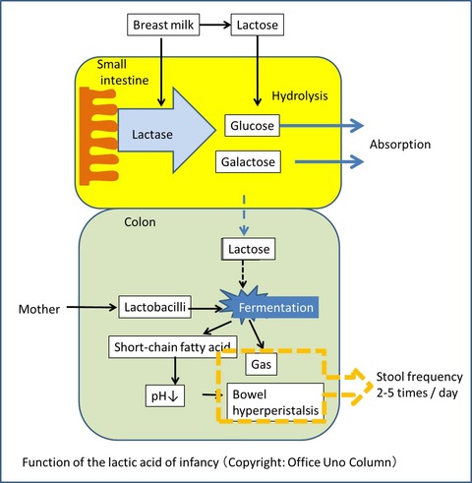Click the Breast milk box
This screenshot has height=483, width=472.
[x=163, y=25]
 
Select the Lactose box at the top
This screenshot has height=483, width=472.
[x=258, y=25]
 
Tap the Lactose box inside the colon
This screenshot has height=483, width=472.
[x=249, y=249]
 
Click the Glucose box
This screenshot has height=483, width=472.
[x=252, y=125]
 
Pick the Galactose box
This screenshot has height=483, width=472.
[x=248, y=161]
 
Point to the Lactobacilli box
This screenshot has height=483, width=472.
[x=154, y=307]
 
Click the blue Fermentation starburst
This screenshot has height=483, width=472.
[x=269, y=307]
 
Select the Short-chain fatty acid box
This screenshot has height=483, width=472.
[x=172, y=347]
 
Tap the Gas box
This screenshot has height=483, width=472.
[x=261, y=364]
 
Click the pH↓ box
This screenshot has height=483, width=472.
[x=165, y=395]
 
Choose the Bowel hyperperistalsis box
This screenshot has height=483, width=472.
[x=275, y=402]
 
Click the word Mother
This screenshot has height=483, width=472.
[x=39, y=309]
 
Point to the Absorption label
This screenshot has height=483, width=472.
[x=400, y=145]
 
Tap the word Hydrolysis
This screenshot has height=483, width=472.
[x=300, y=95]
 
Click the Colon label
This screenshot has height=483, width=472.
[x=140, y=222]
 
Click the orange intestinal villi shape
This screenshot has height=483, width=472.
[x=97, y=136]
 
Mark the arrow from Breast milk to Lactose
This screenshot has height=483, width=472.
[x=215, y=25]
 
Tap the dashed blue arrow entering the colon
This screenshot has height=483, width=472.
[x=244, y=215]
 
